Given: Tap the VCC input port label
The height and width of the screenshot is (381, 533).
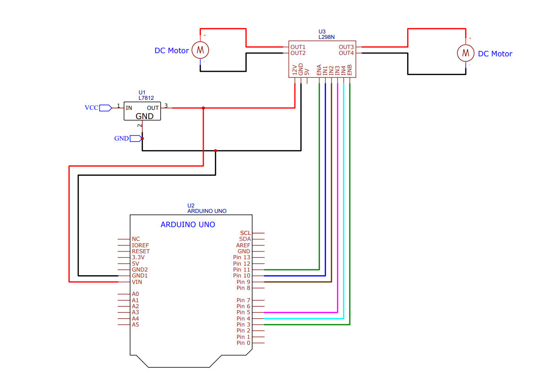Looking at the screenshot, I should pyautogui.click(x=91, y=108).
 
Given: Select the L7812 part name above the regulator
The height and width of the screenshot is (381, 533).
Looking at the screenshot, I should pyautogui.click(x=146, y=98).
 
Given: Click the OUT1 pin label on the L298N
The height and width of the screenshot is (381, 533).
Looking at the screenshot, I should pyautogui.click(x=298, y=47).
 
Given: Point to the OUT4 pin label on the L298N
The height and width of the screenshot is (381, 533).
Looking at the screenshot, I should pyautogui.click(x=346, y=53).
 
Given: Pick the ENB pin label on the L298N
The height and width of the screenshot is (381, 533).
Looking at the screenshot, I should pyautogui.click(x=349, y=70).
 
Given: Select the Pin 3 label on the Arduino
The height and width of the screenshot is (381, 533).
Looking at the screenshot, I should pyautogui.click(x=243, y=325).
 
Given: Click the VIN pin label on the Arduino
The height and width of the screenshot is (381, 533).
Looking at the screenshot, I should pyautogui.click(x=137, y=282).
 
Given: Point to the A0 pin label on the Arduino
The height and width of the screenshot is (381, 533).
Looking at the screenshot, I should pyautogui.click(x=135, y=294).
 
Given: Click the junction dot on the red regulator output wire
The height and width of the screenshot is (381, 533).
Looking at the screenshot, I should pyautogui.click(x=203, y=108).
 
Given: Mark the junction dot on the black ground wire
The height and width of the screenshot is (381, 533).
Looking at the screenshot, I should pyautogui.click(x=216, y=150).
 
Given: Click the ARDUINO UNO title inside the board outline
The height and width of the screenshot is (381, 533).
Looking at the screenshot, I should pyautogui.click(x=188, y=225).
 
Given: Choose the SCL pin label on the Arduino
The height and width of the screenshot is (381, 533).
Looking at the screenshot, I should pyautogui.click(x=245, y=233).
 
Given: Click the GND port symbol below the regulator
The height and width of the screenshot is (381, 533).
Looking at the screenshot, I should pyautogui.click(x=135, y=138).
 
